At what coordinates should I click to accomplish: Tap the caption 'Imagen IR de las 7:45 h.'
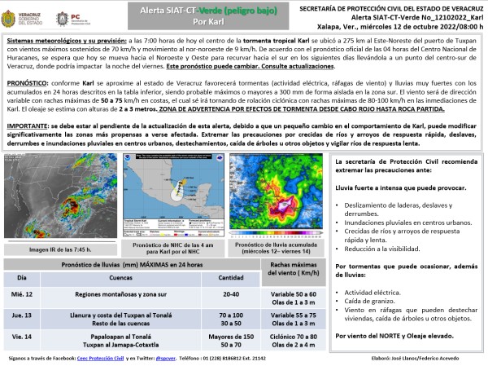(x=59, y=249)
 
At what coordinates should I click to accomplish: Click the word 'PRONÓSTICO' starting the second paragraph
(x=28, y=82)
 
